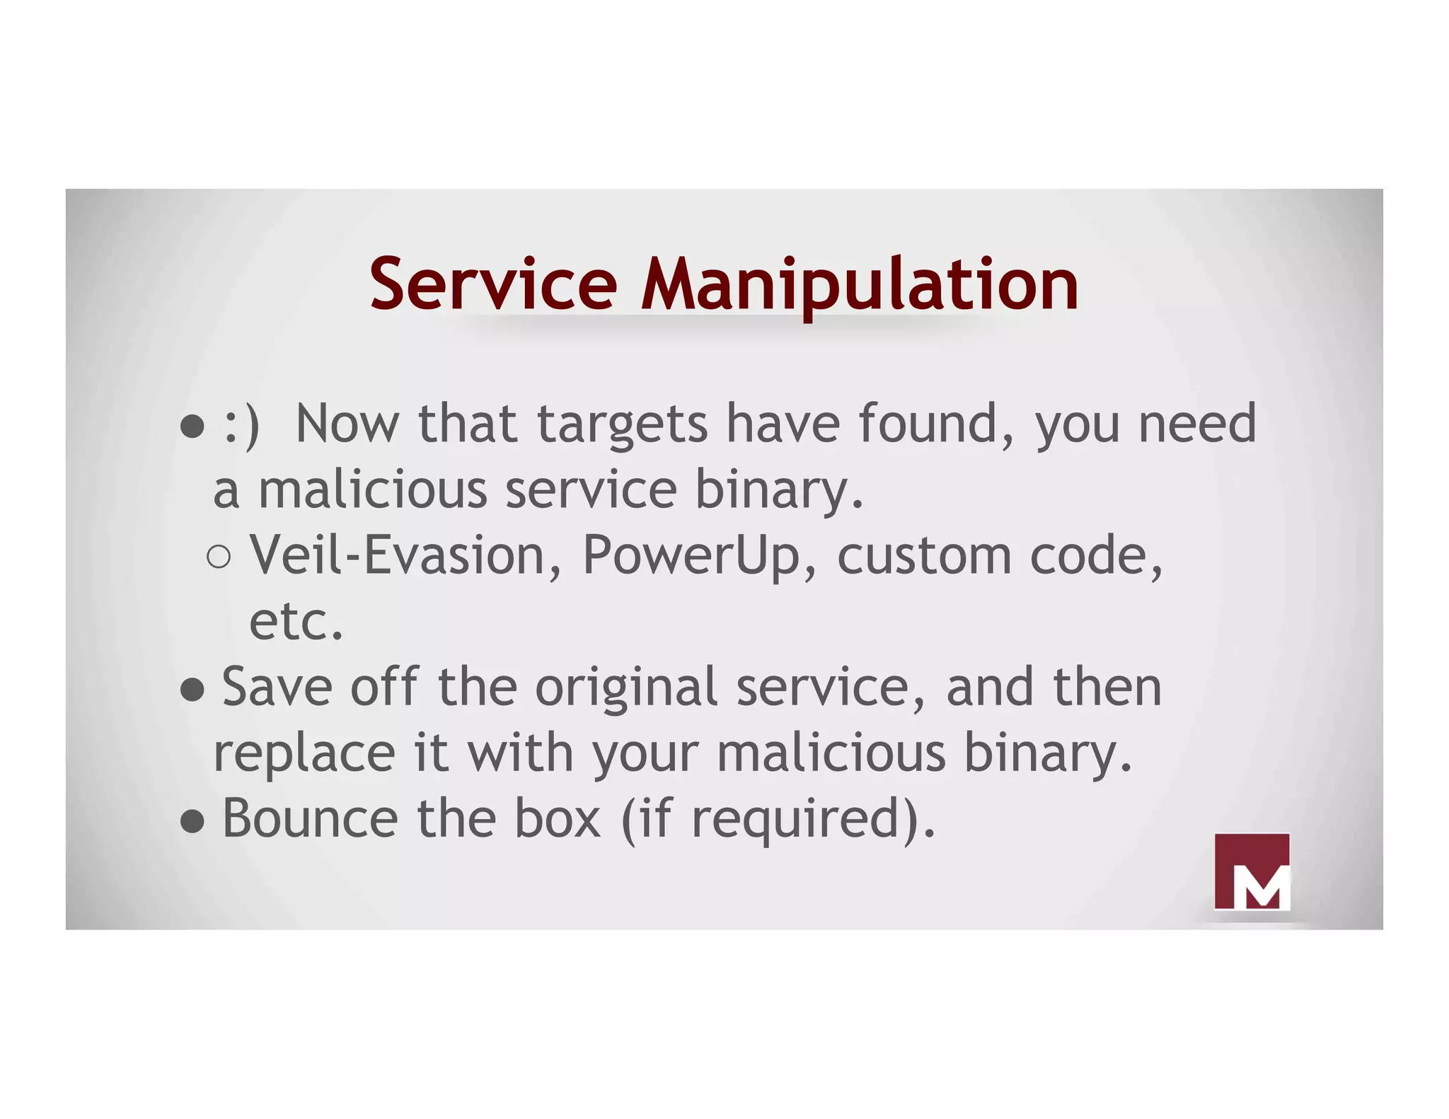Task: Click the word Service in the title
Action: tap(493, 284)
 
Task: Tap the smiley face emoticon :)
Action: tap(241, 425)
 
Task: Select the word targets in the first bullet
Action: tap(622, 425)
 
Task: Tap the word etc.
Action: tap(296, 622)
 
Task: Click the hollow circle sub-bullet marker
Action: tap(219, 557)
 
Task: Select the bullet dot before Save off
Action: tap(192, 689)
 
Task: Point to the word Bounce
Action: tap(310, 819)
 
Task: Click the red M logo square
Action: tap(1252, 871)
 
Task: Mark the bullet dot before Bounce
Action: tap(192, 821)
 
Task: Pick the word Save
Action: tap(277, 688)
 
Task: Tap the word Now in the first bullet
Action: tap(347, 425)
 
